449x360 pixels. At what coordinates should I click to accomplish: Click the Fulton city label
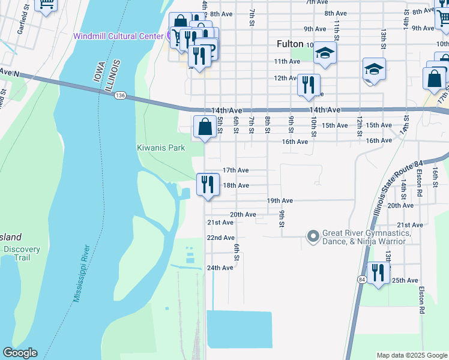pos(290,44)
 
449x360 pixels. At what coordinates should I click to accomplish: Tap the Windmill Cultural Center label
pos(118,36)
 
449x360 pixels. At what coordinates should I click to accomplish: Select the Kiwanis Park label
pos(160,148)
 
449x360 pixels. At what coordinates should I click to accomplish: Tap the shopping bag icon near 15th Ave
pos(205,127)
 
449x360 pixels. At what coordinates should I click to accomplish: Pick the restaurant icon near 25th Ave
pos(378,274)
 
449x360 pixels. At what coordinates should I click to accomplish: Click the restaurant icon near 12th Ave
pos(309,85)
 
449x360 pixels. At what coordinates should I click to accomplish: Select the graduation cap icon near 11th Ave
pos(325,53)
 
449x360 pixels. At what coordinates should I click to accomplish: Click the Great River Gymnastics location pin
pos(312,236)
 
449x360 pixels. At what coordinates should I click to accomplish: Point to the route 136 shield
pos(121,95)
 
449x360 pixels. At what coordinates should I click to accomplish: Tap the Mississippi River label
pos(81,273)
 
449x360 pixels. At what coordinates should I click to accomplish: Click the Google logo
pos(20,353)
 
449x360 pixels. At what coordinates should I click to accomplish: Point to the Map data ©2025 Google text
pos(411,355)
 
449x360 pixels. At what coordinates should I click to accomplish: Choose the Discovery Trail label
pos(22,253)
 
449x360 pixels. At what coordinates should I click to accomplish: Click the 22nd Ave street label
pos(220,238)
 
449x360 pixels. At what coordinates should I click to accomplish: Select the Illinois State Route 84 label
pos(398,181)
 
